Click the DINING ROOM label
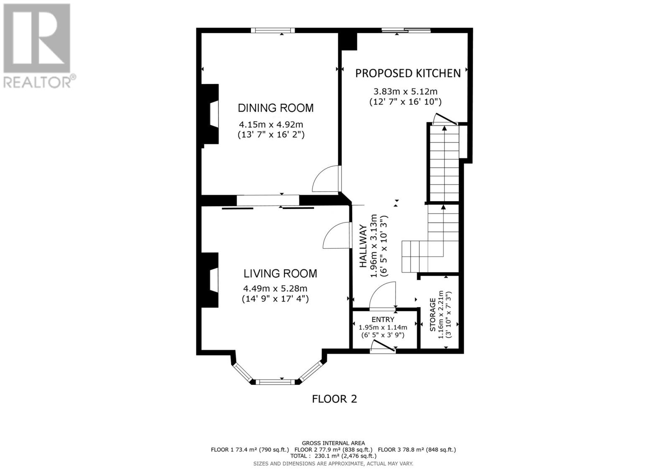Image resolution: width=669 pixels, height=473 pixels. point(276,108)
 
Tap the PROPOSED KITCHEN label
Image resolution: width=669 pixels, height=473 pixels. point(408,73)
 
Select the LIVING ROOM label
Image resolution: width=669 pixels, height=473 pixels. point(280,274)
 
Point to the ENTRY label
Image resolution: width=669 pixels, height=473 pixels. point(383,320)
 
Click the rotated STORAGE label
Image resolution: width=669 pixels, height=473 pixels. point(433,314)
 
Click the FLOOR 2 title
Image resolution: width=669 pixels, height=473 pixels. point(334,399)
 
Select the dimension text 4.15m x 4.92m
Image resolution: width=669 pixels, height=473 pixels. point(271,125)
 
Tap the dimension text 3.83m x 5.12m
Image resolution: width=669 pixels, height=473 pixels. point(405,92)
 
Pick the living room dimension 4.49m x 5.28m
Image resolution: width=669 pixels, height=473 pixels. point(275,289)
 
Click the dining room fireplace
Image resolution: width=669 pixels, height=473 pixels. point(211,114)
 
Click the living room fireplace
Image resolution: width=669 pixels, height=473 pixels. point(211,280)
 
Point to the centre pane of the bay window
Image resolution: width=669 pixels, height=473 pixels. point(275,381)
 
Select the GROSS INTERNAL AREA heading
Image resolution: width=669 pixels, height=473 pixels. point(333,443)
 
